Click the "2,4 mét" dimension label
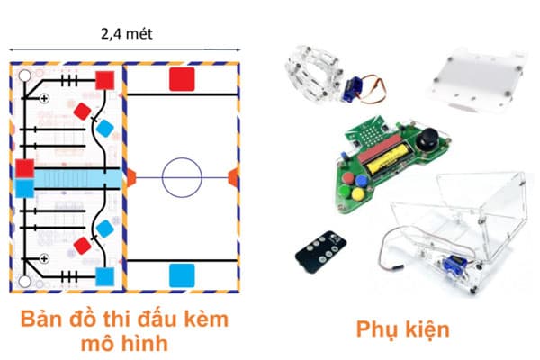pos(125,35)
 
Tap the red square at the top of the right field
pos(182,79)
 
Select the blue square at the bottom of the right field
pos(182,274)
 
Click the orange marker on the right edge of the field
pos(235,174)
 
